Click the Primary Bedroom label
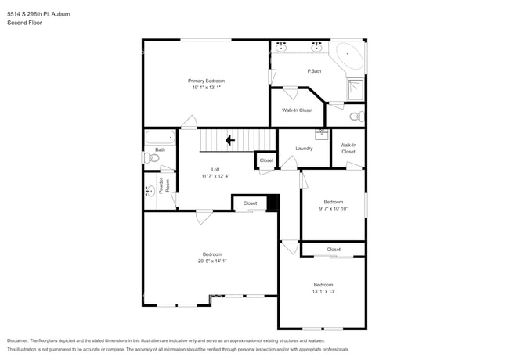click(x=206, y=81)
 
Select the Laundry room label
click(x=304, y=148)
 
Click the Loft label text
click(x=215, y=169)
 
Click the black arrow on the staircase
click(x=230, y=141)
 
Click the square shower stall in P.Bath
click(x=356, y=88)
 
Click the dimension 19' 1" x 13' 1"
click(x=206, y=88)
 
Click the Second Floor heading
click(x=24, y=23)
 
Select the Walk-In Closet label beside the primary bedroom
click(x=297, y=110)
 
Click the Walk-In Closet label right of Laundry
click(x=348, y=148)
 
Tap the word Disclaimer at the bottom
click(x=21, y=341)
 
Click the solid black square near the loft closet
click(x=273, y=203)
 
